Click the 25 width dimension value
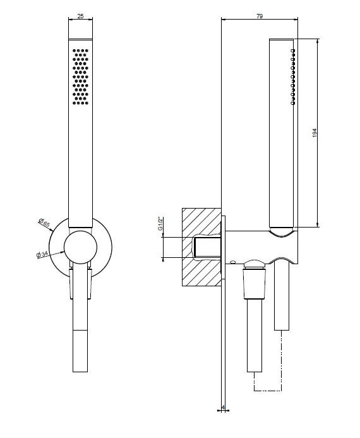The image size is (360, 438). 80,16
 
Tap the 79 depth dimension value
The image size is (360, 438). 260,16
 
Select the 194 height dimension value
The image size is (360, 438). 315,133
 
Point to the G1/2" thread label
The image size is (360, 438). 160,224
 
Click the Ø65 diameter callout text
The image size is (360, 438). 44,222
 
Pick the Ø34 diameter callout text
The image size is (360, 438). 42,254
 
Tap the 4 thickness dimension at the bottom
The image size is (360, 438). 223,407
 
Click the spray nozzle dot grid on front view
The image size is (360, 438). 81,77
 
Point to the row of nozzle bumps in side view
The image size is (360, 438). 293,77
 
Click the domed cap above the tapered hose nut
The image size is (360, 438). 255,265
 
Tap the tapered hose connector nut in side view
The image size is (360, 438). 255,284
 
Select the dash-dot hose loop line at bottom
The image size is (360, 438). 268,390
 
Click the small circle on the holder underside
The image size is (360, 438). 233,262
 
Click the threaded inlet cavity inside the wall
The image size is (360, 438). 207,247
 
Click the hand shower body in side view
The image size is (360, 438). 281,133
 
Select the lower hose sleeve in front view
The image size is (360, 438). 80,351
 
